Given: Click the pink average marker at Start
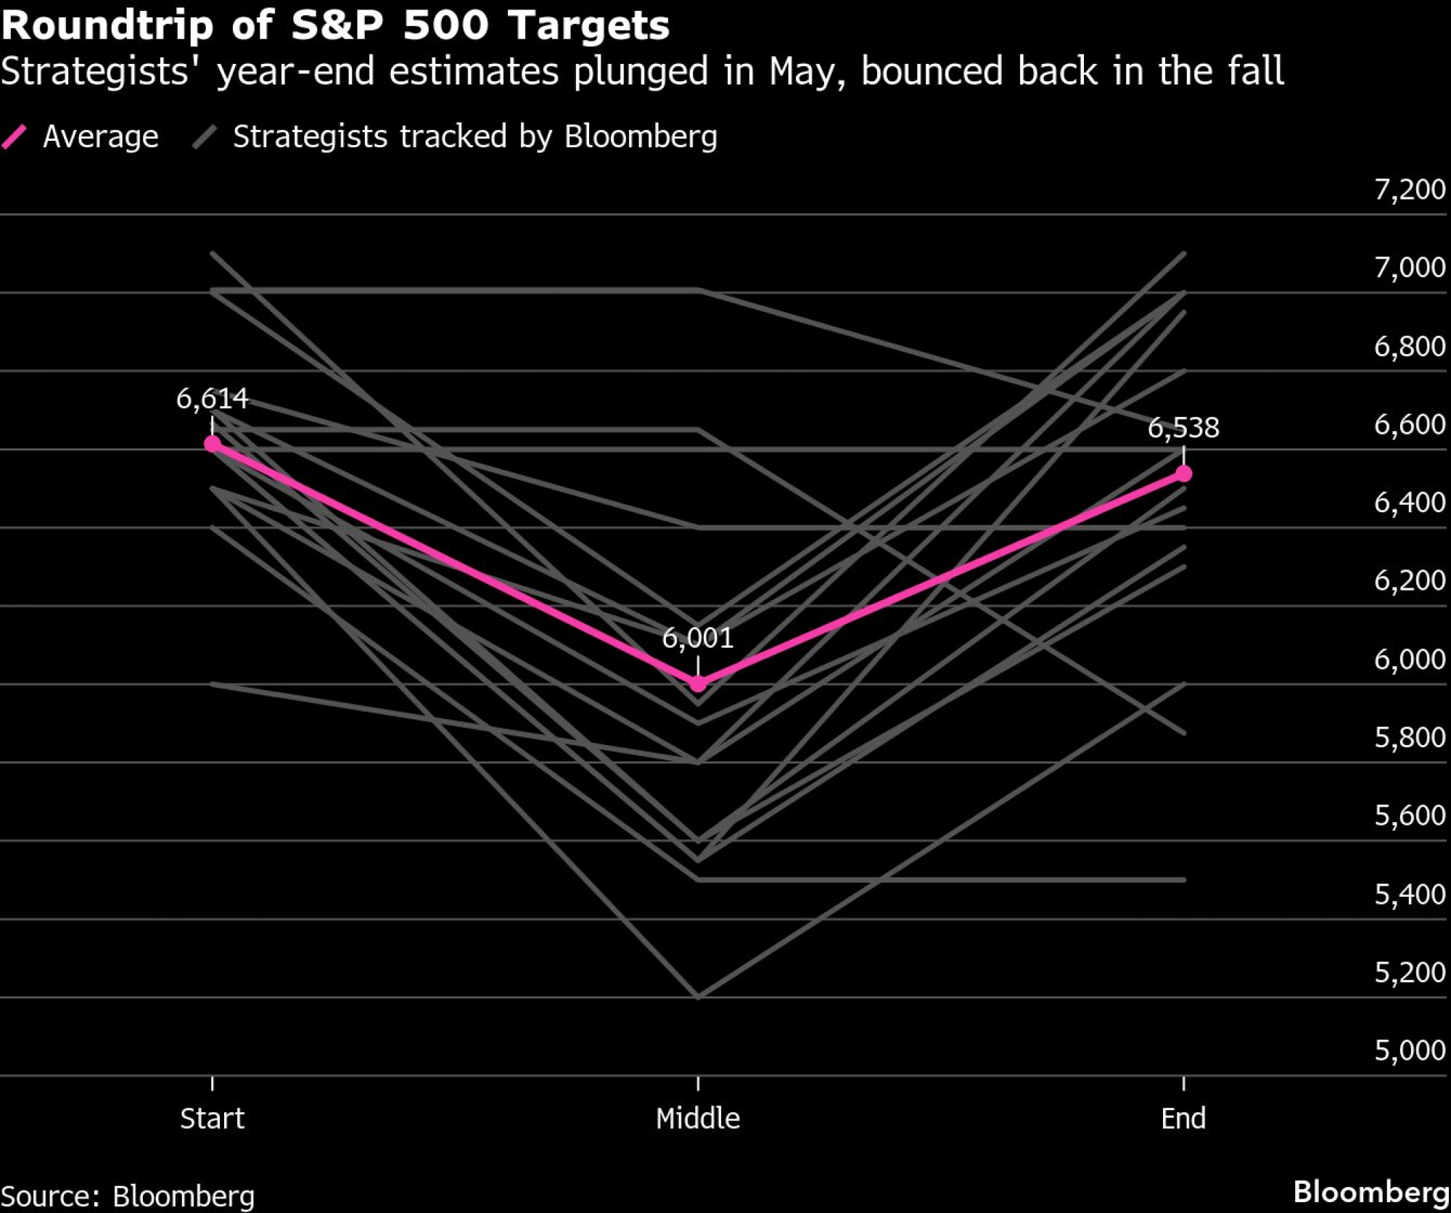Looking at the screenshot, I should coord(212,443).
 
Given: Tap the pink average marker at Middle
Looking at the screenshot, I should coord(698,683).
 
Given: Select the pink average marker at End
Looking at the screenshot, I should coord(1183,474).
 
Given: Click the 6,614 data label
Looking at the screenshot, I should coord(212,398).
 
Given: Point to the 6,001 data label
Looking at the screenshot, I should coord(698,638).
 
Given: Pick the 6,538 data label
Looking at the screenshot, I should coord(1183,428).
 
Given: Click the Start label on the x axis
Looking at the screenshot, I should coord(212,1118).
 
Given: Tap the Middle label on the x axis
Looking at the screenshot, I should coord(698,1118).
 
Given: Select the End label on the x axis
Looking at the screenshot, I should coord(1183,1118).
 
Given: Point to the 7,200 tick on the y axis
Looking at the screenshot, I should coord(1410,189).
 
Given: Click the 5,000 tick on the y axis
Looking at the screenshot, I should coord(1410,1050).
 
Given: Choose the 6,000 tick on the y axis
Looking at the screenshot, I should coord(1410,659).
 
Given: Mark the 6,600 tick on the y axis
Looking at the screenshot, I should coord(1410,424).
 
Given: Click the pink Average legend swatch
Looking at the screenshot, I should coord(15,136).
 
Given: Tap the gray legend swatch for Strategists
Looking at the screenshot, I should coord(205,136).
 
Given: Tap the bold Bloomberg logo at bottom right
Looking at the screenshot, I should coord(1370,1192).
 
